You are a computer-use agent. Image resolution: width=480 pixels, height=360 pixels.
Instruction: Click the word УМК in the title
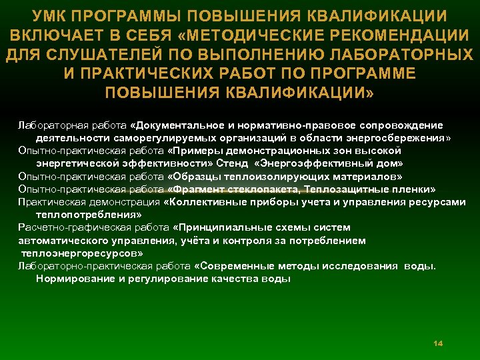tap(55, 15)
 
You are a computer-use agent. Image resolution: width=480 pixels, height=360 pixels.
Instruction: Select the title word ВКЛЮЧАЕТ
tap(56, 34)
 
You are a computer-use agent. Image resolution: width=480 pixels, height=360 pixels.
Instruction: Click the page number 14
tap(438, 343)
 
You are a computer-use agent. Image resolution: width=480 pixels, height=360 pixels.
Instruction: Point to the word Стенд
tap(232, 163)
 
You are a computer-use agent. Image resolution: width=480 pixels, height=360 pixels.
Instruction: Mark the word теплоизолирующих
tap(263, 176)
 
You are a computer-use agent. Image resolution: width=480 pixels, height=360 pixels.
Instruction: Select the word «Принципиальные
tap(213, 227)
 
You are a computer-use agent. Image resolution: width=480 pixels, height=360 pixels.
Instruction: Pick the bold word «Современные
tap(231, 266)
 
